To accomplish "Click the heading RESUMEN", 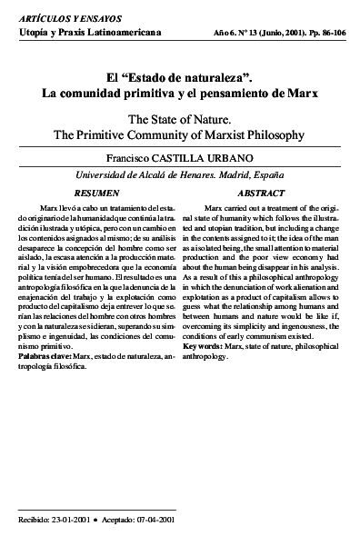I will click(x=95, y=194).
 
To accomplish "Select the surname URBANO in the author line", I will click(x=209, y=156).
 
